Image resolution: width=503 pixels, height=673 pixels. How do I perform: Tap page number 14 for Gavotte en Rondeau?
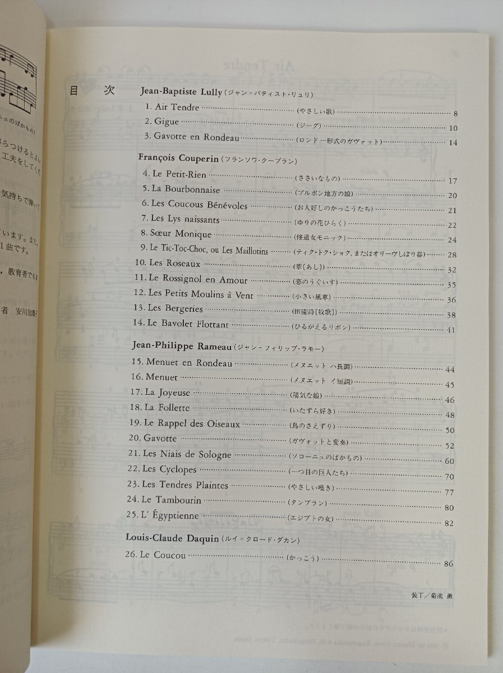453,142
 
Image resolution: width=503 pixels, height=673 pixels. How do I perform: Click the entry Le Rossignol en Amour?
190,278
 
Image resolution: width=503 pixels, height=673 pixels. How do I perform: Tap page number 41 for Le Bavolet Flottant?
451,330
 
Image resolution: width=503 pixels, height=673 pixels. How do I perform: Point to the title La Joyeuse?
167,393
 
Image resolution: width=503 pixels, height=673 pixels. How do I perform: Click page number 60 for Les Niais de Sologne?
449,461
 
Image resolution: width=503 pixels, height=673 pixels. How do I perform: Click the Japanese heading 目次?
91,92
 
